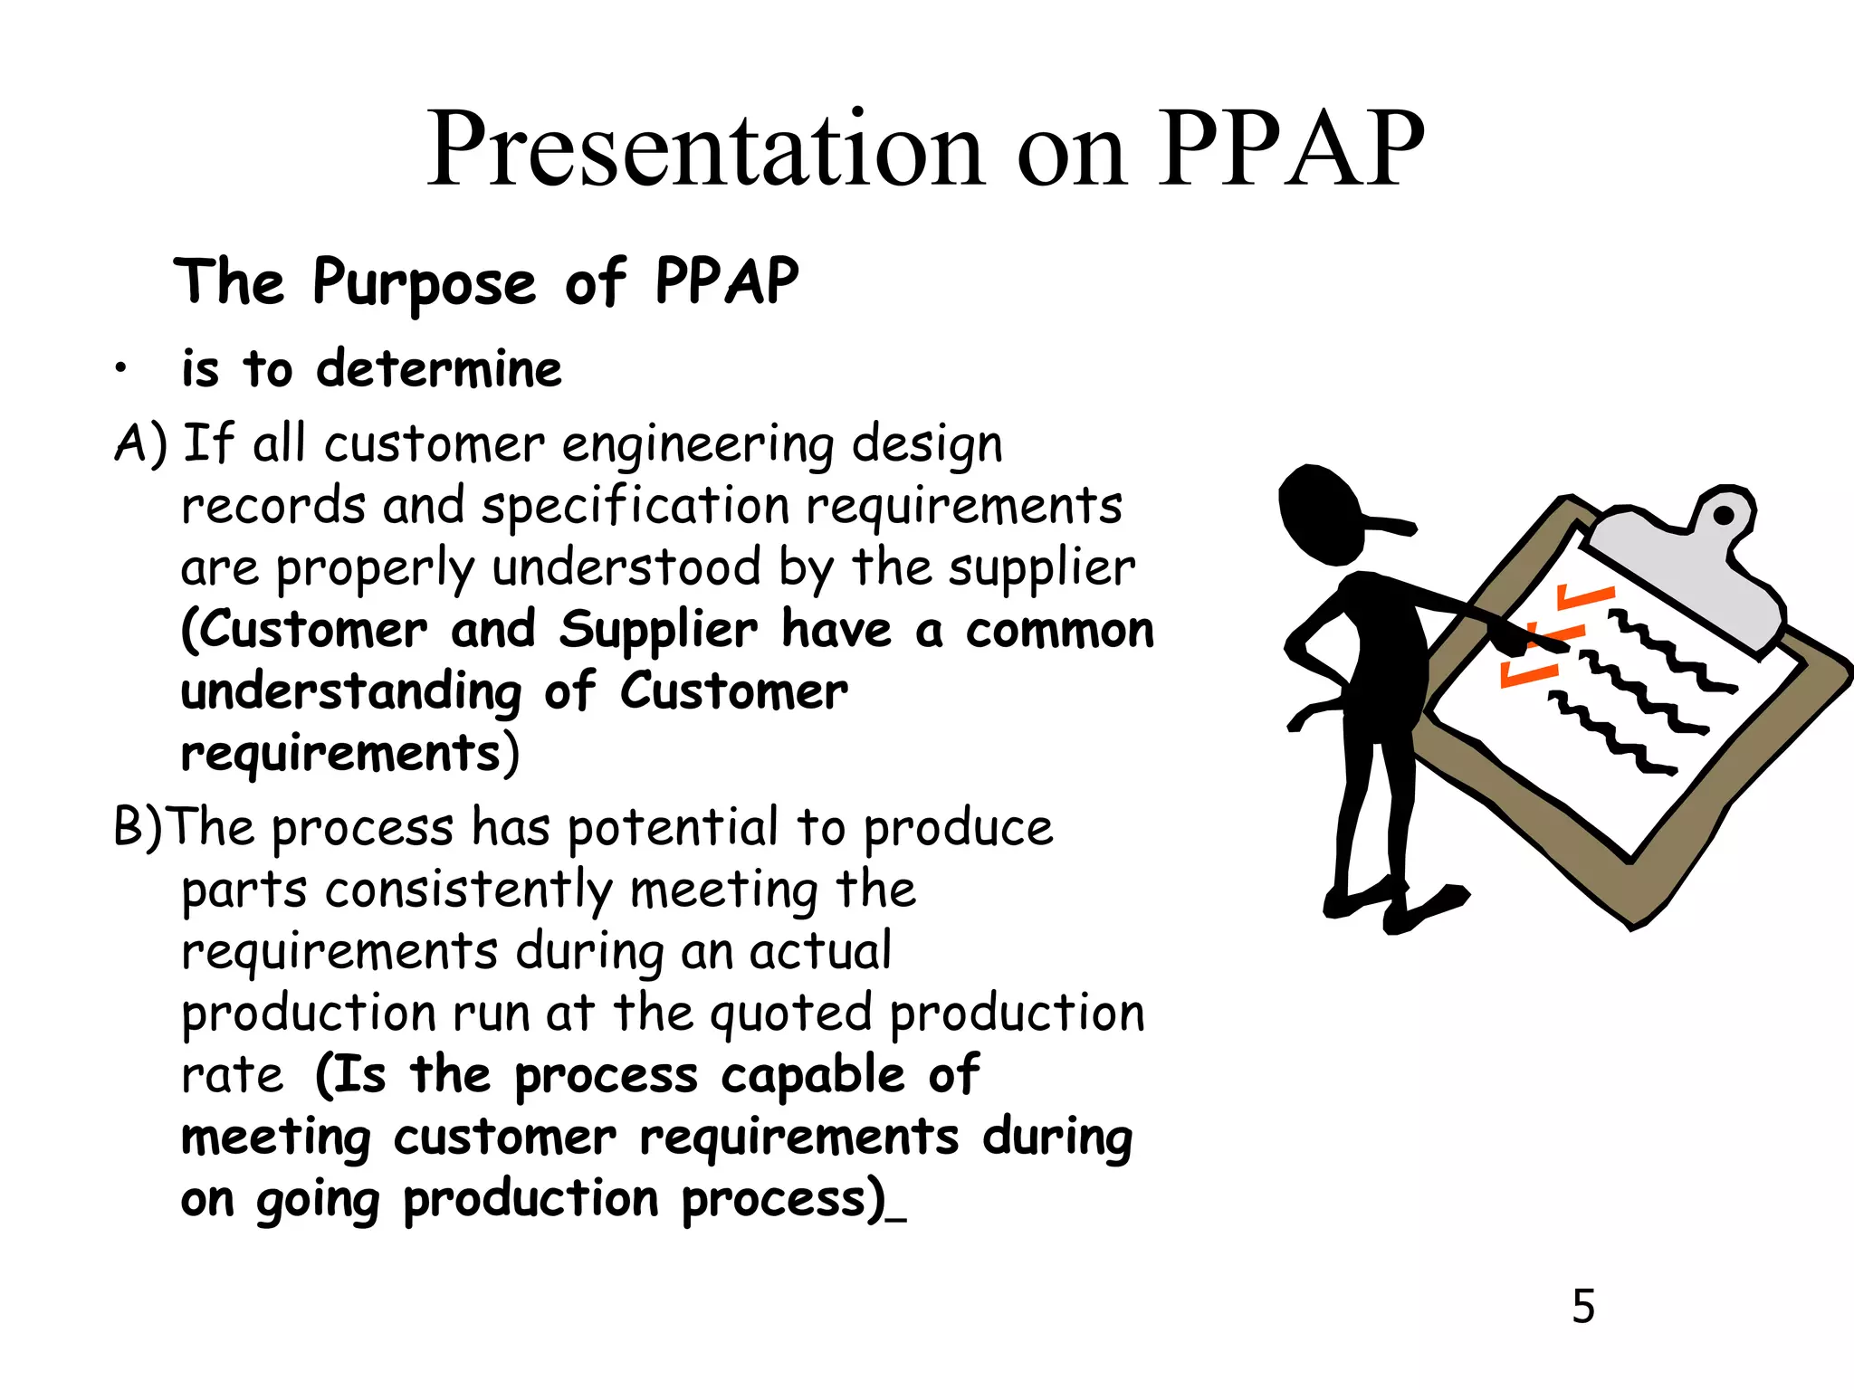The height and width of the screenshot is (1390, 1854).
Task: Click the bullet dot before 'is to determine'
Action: tap(119, 369)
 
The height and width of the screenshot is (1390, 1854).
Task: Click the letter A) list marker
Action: tap(141, 443)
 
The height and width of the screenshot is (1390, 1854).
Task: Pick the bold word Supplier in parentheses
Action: tap(658, 631)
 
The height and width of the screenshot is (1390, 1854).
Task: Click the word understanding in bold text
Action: tap(351, 693)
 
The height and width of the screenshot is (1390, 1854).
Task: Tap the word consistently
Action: tap(469, 890)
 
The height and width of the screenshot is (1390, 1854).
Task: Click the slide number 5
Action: tap(1583, 1306)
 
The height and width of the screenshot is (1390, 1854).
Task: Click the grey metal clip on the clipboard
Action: tap(1684, 570)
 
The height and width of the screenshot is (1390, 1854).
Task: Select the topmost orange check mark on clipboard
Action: tap(1584, 597)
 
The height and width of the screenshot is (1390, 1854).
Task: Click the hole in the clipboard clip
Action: tap(1724, 515)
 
